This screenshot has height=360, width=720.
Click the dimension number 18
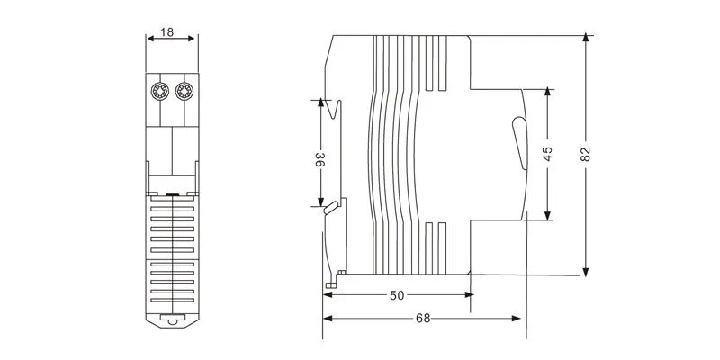coord(167,32)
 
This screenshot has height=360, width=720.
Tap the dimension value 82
coord(586,154)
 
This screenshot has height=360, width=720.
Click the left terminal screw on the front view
coord(159,91)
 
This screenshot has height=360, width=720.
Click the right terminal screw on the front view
coord(184,91)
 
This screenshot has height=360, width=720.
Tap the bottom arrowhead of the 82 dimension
coord(586,270)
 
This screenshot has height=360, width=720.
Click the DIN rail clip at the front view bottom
coord(171,319)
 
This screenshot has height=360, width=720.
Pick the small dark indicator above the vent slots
coord(171,193)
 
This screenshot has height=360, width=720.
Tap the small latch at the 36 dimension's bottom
coord(332,208)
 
